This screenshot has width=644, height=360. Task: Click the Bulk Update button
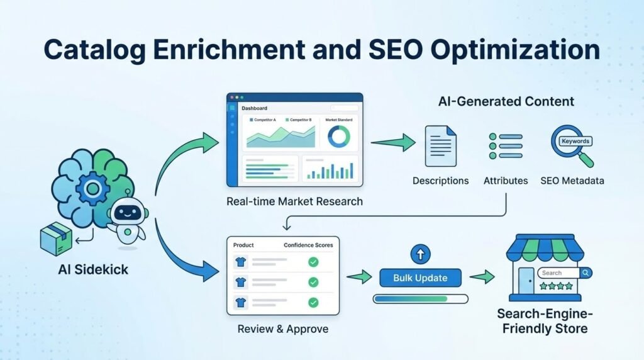tap(420, 278)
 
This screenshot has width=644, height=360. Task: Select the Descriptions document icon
tap(440, 146)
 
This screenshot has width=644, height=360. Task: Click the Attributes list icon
tap(505, 145)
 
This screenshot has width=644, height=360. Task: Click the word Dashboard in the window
tap(254, 108)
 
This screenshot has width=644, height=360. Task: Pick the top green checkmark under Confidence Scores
tap(313, 262)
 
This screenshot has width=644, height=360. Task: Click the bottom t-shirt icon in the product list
tap(240, 302)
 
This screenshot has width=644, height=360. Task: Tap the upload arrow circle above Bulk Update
tap(419, 254)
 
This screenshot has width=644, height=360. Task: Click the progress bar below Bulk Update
tap(420, 298)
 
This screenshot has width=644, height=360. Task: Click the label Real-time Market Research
tap(294, 201)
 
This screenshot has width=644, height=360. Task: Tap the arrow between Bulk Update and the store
tap(482, 277)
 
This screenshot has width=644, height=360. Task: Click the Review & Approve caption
tap(282, 329)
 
